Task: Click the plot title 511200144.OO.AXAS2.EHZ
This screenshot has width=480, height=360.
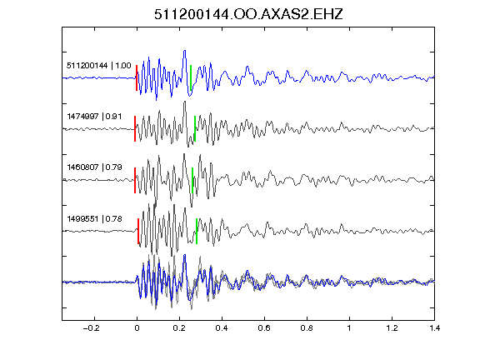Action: click(248, 14)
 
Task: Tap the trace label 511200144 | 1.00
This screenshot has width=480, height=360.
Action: click(99, 66)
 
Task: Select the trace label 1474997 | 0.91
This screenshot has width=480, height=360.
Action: click(94, 117)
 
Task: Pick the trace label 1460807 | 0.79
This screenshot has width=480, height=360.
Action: click(94, 167)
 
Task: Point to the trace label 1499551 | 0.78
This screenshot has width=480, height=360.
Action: click(94, 219)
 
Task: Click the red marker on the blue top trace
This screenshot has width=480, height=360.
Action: click(137, 77)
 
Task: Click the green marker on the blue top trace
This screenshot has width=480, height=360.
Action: click(191, 77)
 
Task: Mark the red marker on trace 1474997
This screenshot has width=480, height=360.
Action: click(135, 128)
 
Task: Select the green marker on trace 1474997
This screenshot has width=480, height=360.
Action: click(195, 128)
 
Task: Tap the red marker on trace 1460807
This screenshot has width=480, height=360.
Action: click(135, 180)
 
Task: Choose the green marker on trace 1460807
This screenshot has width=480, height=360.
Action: click(192, 180)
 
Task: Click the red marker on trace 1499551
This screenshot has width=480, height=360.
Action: click(138, 231)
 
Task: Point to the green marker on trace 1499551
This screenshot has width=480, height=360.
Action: click(197, 231)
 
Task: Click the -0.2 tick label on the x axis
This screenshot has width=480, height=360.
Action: click(91, 328)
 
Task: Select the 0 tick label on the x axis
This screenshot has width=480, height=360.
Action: click(137, 328)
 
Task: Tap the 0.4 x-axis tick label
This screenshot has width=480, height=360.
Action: click(222, 328)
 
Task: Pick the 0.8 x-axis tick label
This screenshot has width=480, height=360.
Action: click(307, 328)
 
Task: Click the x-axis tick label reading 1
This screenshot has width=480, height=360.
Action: click(349, 328)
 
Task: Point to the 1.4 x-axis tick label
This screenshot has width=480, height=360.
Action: click(435, 328)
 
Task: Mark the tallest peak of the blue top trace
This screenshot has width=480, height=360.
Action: click(185, 51)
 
